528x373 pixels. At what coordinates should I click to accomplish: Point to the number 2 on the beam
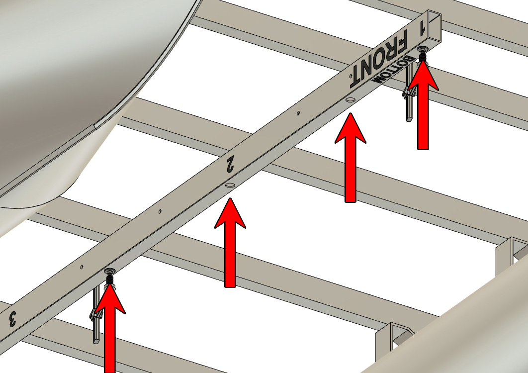[230, 164]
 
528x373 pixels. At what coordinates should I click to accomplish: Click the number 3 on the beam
[12, 319]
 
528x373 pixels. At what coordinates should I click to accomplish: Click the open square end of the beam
[435, 25]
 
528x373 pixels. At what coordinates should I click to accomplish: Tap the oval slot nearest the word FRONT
[350, 100]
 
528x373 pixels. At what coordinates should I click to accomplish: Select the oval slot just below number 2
[230, 185]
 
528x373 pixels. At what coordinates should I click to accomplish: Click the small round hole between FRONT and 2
[298, 113]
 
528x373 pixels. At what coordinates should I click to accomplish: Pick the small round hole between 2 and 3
[160, 211]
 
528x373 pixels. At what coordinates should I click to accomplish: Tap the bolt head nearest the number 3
[109, 271]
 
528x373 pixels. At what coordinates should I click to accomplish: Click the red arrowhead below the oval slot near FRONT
[350, 128]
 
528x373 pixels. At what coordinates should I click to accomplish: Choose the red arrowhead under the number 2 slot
[230, 213]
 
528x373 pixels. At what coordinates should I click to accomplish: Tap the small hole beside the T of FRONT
[351, 76]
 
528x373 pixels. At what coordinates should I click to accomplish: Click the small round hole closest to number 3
[82, 267]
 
